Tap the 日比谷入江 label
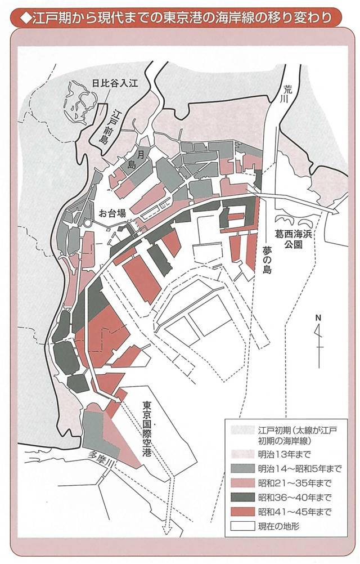115,83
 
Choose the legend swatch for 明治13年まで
242,454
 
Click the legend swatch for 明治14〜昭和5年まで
242,468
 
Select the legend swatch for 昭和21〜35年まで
242,482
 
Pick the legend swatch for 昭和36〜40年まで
242,497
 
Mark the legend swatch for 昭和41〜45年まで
242,512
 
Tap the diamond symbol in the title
23,17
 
